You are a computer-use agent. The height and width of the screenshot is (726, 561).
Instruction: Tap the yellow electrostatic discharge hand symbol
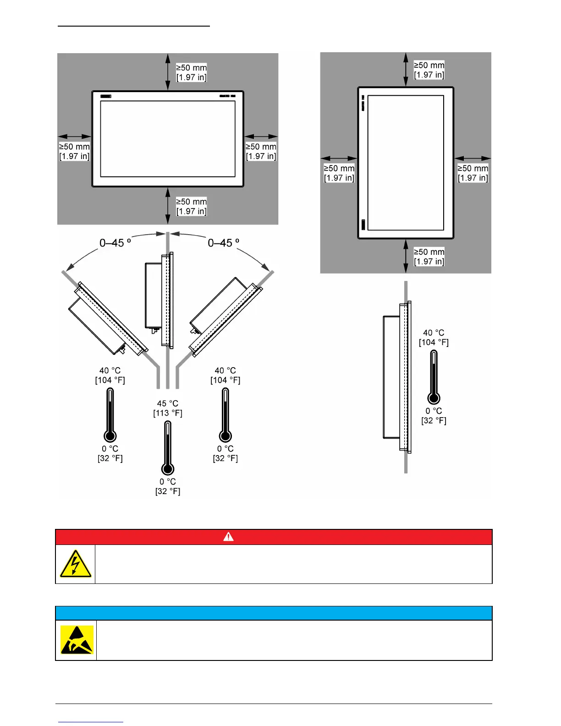[x=77, y=640]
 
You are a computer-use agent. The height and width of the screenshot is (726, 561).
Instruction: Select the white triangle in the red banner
[x=228, y=537]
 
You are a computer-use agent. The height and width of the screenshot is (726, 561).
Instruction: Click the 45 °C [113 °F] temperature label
[x=168, y=408]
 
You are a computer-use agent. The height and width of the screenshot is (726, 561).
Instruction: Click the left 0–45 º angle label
[x=115, y=243]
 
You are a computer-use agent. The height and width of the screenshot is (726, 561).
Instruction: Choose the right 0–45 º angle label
[x=224, y=243]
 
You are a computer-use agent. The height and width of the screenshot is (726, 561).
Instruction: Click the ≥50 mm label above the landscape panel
[x=192, y=72]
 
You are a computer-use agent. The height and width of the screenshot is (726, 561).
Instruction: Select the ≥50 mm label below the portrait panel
[x=429, y=257]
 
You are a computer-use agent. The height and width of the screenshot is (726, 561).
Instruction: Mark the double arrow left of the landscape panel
[x=75, y=136]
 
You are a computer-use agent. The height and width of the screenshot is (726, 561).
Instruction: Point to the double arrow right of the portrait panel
[x=473, y=159]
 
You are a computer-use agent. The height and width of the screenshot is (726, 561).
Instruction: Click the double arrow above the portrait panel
[x=406, y=69]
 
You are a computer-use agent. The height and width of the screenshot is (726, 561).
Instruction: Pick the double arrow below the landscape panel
[x=168, y=206]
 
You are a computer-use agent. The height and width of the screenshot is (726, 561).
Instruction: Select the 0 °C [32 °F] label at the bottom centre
[x=168, y=486]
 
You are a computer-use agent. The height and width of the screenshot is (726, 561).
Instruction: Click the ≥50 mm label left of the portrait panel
[x=339, y=173]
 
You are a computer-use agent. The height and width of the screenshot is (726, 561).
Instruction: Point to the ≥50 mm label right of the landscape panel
[x=261, y=151]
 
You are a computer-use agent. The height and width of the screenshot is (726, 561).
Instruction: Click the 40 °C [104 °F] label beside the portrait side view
[x=434, y=337]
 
